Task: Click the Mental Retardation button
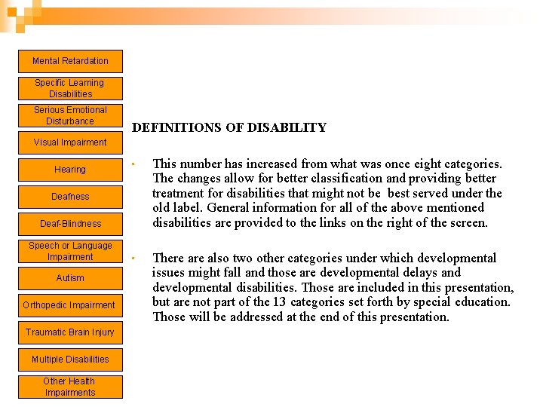(x=70, y=61)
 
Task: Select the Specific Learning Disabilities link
(x=70, y=88)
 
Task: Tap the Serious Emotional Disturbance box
(x=70, y=115)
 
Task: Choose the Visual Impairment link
(x=70, y=142)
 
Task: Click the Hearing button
(x=70, y=170)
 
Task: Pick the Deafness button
(x=70, y=197)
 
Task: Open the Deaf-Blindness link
(x=70, y=224)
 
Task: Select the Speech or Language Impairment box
(x=70, y=251)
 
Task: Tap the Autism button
(x=70, y=278)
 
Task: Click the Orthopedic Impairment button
(x=70, y=305)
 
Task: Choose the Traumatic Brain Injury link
(x=70, y=332)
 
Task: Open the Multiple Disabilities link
(x=70, y=360)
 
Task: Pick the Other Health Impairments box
(x=70, y=387)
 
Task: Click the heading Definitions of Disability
(x=229, y=128)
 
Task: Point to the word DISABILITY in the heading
(x=288, y=128)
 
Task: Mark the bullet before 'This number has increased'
(x=131, y=164)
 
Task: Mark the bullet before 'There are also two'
(x=131, y=259)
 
